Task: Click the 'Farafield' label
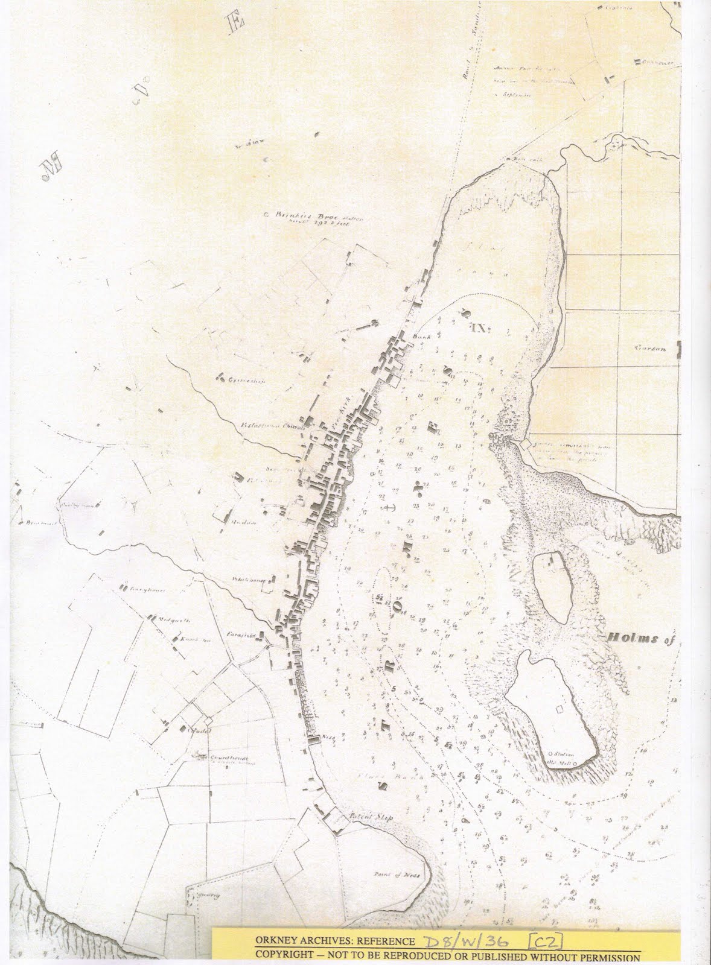(x=239, y=635)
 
